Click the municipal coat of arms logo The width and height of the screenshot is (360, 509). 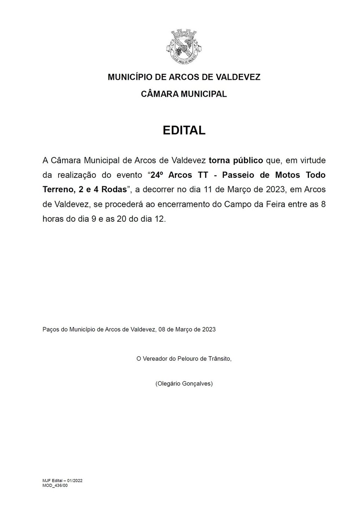(x=184, y=47)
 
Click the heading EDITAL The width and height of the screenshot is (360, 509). (x=184, y=130)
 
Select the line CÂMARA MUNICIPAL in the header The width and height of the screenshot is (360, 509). (x=184, y=94)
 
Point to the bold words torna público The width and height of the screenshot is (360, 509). (x=236, y=161)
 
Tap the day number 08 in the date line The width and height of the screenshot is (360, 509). (x=162, y=329)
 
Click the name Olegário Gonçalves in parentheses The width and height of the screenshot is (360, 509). (x=184, y=384)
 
